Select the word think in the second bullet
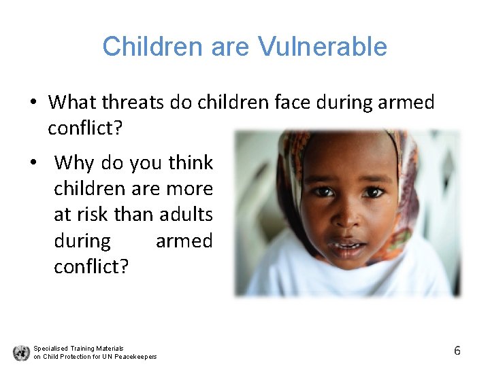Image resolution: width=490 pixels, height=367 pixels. [x=191, y=163]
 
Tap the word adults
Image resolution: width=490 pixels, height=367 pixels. [x=186, y=215]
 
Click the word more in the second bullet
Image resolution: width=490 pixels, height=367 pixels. [x=193, y=189]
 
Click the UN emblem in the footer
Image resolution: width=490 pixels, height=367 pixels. [x=21, y=352]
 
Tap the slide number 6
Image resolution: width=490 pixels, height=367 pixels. [x=457, y=351]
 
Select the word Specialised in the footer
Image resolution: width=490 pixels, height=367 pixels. [x=49, y=348]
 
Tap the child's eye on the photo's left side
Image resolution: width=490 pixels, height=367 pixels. [x=323, y=191]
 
